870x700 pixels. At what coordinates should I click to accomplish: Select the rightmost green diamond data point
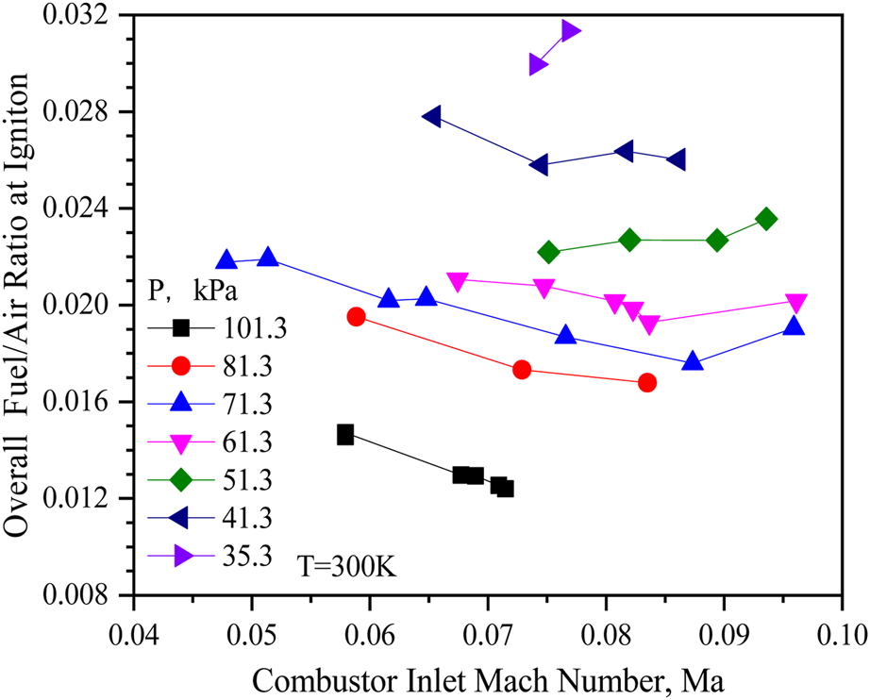pos(767,219)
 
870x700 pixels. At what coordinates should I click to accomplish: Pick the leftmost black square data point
pos(345,435)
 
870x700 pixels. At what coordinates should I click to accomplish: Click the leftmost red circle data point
pos(356,317)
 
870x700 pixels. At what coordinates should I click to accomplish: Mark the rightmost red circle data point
pos(646,382)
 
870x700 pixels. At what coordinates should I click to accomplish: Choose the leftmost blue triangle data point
pos(226,260)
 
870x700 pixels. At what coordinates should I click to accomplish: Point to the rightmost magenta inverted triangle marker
pos(795,303)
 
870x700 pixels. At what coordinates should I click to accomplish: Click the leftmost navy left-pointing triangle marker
pos(432,116)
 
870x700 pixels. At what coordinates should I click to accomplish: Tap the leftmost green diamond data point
pos(549,252)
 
